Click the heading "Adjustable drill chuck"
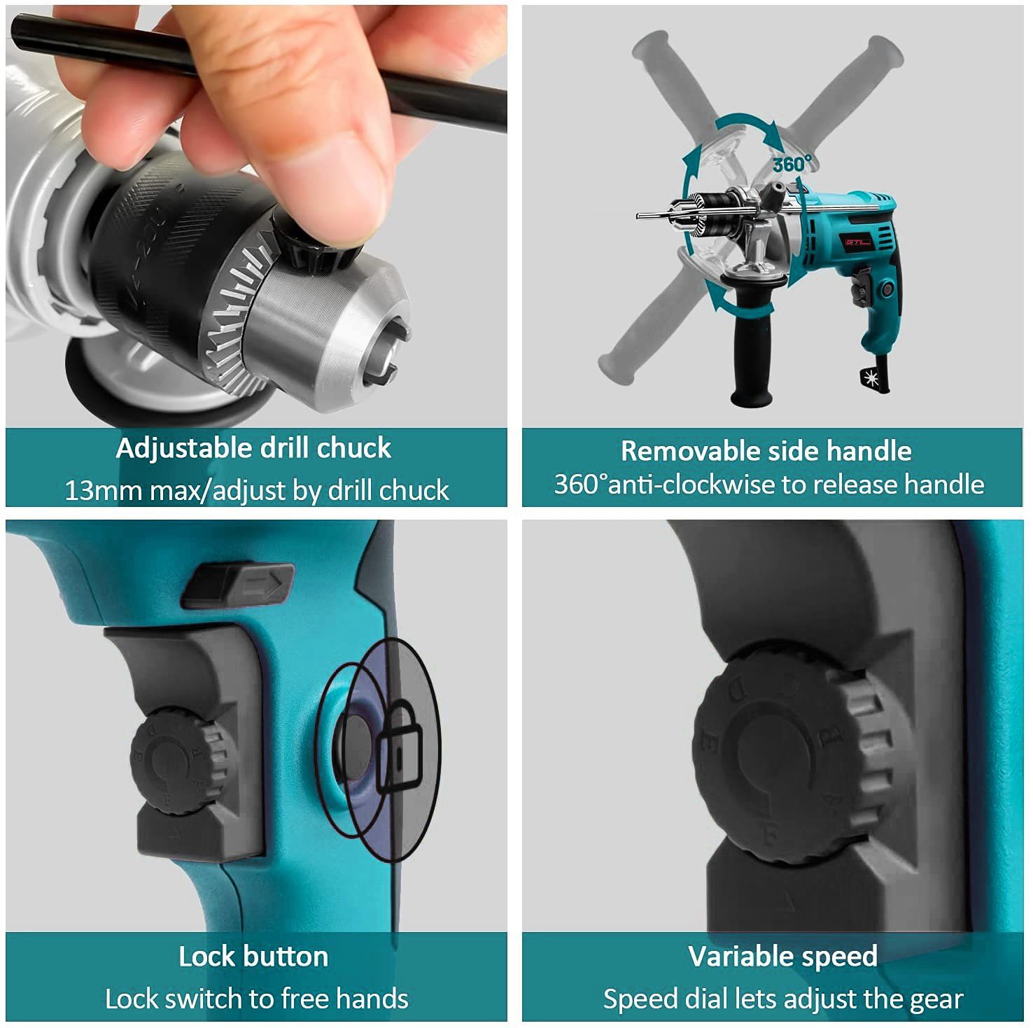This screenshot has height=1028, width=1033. [x=253, y=448]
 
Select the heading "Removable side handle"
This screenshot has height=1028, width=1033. [x=766, y=451]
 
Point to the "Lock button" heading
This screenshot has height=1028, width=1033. [x=253, y=957]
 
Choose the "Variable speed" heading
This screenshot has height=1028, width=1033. [x=782, y=957]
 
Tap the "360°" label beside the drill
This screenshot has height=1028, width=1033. [x=793, y=164]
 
